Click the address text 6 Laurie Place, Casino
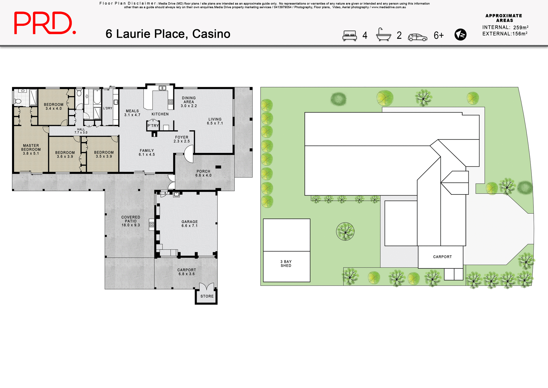coord(168,34)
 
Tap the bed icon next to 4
coord(349,36)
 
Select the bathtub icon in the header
coord(383,35)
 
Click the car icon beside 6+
coord(417,37)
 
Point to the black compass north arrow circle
coord(460,35)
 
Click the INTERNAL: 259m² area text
coord(505,27)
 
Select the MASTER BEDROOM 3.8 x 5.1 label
coord(31,150)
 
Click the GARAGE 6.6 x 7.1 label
coord(190,224)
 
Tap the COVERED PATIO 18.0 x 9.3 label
coord(130,221)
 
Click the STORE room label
coord(207,296)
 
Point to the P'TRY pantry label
coord(153,126)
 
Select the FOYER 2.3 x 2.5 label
coord(182,139)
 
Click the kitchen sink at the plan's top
coord(162,88)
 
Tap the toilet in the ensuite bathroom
coord(18,101)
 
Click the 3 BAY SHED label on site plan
coord(286,263)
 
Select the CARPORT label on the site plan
coord(442,257)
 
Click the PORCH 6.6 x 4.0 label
coord(203,173)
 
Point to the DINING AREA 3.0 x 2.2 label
coord(189,102)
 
